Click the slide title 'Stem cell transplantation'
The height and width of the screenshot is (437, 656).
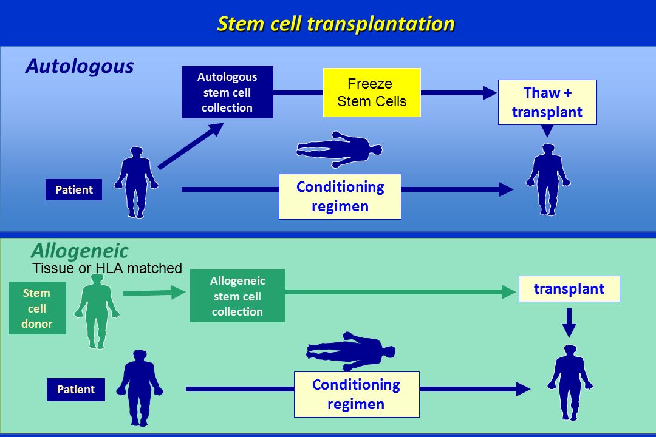(x=336, y=24)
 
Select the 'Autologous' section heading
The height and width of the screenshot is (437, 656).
(x=80, y=67)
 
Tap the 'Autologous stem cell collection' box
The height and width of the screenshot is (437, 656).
(x=227, y=92)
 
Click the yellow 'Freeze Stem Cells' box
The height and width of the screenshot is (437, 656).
(x=372, y=92)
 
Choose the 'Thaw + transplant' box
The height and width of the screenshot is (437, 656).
(x=547, y=102)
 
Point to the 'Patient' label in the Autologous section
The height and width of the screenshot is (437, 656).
(x=73, y=189)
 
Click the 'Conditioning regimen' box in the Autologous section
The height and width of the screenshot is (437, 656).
(x=340, y=197)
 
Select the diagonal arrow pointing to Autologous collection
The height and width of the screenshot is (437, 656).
(x=190, y=146)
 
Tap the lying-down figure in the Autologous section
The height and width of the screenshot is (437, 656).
(x=340, y=149)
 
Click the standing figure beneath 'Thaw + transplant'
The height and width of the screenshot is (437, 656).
(x=548, y=180)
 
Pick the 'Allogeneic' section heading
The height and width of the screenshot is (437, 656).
(x=80, y=251)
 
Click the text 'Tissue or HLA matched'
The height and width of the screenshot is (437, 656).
(x=107, y=268)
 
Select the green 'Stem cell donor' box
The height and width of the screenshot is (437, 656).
(x=37, y=308)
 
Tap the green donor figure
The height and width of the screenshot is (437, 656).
(x=97, y=311)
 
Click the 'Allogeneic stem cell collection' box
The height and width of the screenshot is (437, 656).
(x=237, y=296)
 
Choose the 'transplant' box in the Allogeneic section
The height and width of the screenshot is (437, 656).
(x=569, y=288)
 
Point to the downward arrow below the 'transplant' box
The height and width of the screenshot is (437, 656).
(x=569, y=323)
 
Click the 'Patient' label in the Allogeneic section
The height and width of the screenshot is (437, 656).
(x=76, y=389)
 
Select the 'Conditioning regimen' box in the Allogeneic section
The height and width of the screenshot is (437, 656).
(x=357, y=395)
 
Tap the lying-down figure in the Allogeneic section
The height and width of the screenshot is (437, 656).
(x=350, y=351)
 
